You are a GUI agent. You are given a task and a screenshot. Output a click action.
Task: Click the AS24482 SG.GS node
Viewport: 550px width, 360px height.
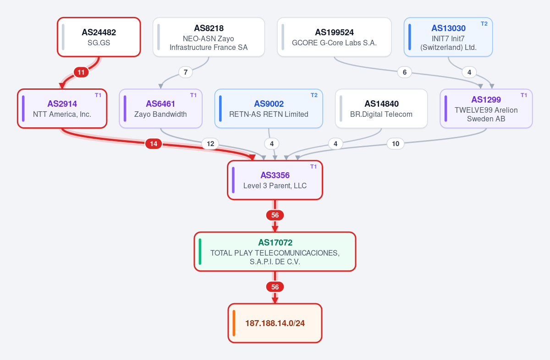coord(99,37)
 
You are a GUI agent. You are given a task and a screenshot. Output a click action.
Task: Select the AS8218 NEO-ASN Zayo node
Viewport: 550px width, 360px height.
coord(209,37)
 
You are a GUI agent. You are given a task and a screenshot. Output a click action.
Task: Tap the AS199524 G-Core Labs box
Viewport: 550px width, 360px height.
coord(334,37)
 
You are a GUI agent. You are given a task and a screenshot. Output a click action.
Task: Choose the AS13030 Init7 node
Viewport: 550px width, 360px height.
coord(448,37)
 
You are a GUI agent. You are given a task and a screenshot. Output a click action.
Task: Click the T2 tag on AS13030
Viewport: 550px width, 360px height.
coord(484,24)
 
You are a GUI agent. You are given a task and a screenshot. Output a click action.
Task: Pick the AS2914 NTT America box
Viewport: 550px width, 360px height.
coord(62,109)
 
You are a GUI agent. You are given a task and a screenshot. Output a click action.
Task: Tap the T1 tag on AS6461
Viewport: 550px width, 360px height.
coord(193,95)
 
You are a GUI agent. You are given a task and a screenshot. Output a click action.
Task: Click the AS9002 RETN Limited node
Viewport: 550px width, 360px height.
coord(269,109)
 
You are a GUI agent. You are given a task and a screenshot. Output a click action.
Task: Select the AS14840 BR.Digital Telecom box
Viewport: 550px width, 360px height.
coord(381,109)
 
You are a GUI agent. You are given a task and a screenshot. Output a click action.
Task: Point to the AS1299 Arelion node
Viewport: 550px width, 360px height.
coord(486,109)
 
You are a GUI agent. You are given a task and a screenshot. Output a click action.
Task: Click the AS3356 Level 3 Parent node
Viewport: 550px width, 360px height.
coord(275,180)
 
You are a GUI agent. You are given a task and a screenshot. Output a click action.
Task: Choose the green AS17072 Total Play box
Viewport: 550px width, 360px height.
coord(275,251)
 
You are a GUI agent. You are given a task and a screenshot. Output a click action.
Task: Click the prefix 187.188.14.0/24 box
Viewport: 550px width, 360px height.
coord(275,323)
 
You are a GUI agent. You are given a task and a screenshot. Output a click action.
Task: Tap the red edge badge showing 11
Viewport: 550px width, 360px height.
coord(81,72)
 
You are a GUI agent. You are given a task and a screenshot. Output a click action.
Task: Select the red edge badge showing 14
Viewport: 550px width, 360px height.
coord(154,144)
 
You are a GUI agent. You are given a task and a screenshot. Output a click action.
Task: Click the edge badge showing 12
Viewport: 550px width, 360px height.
coord(210,144)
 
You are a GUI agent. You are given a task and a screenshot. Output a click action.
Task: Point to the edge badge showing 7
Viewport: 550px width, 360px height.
coord(186,72)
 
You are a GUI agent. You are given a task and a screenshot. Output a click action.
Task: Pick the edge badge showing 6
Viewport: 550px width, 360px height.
coord(405,72)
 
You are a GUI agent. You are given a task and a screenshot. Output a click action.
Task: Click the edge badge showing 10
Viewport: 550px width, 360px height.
coord(396,144)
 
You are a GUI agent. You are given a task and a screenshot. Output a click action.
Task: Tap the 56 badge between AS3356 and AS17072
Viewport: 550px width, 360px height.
coord(275,215)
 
